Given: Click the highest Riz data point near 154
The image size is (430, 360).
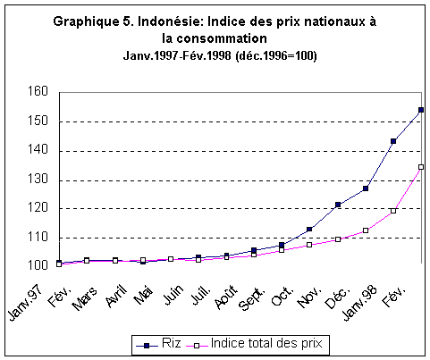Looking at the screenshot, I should pyautogui.click(x=421, y=110).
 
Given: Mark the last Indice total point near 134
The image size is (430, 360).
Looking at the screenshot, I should pyautogui.click(x=421, y=167).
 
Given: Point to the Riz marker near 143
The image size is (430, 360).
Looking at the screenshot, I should pyautogui.click(x=393, y=141).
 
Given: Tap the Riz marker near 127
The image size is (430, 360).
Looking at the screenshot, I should pyautogui.click(x=366, y=188).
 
